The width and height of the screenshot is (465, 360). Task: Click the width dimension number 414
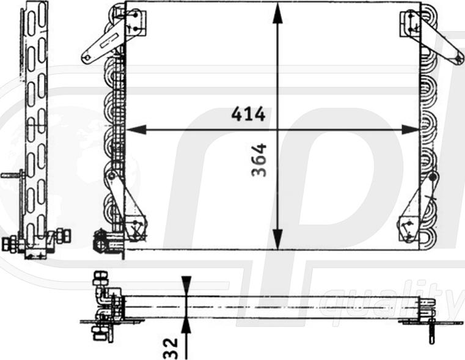click(248, 114)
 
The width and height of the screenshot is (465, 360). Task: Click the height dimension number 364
click(258, 160)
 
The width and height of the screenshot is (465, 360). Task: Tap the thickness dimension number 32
click(170, 349)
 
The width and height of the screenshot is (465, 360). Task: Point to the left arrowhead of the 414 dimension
click(136, 130)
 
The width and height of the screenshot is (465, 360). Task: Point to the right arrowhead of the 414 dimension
click(411, 130)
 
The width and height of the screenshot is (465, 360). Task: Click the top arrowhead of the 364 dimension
click(277, 13)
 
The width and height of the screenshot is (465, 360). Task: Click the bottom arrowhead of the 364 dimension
click(277, 240)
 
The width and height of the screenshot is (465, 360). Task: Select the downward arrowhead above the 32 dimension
click(186, 286)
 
